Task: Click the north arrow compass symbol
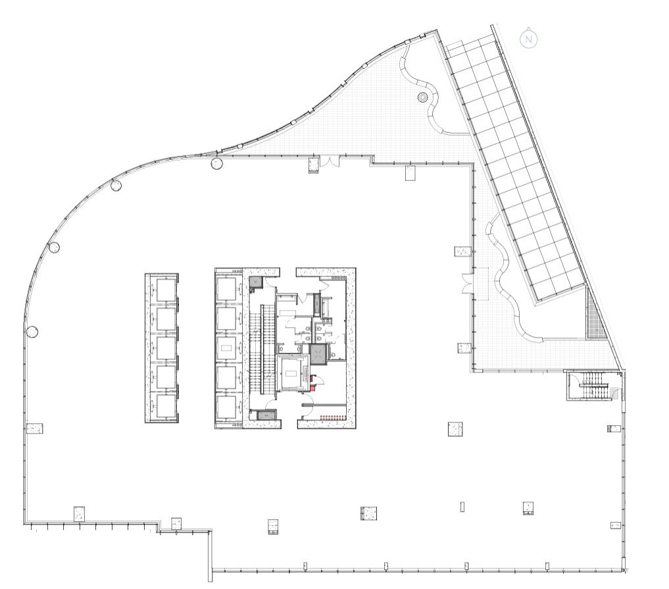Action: pos(528,39)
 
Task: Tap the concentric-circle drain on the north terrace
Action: pos(422,97)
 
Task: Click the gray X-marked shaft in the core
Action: pos(318,354)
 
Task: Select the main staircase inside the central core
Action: pos(262,349)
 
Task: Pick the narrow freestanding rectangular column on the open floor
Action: pos(462,507)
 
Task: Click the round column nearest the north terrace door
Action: pos(216,163)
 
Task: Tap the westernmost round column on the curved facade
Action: pos(32,331)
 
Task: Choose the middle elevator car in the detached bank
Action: pos(165,348)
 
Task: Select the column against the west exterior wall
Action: pos(34,428)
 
